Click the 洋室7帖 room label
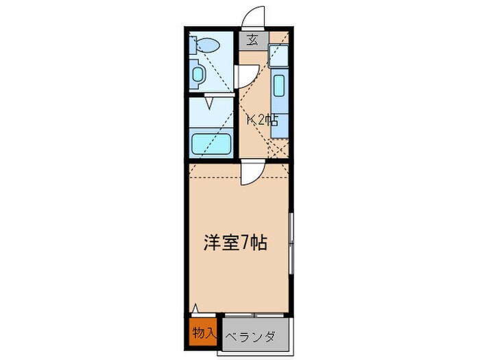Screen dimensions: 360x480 point(235,242)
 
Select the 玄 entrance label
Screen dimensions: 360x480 point(252,39)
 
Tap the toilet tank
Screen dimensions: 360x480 point(194,47)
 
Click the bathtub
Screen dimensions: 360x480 point(211,145)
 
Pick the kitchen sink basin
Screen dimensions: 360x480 point(279,86)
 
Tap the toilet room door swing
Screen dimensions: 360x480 point(247,73)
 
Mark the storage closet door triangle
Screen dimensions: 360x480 point(195,310)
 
